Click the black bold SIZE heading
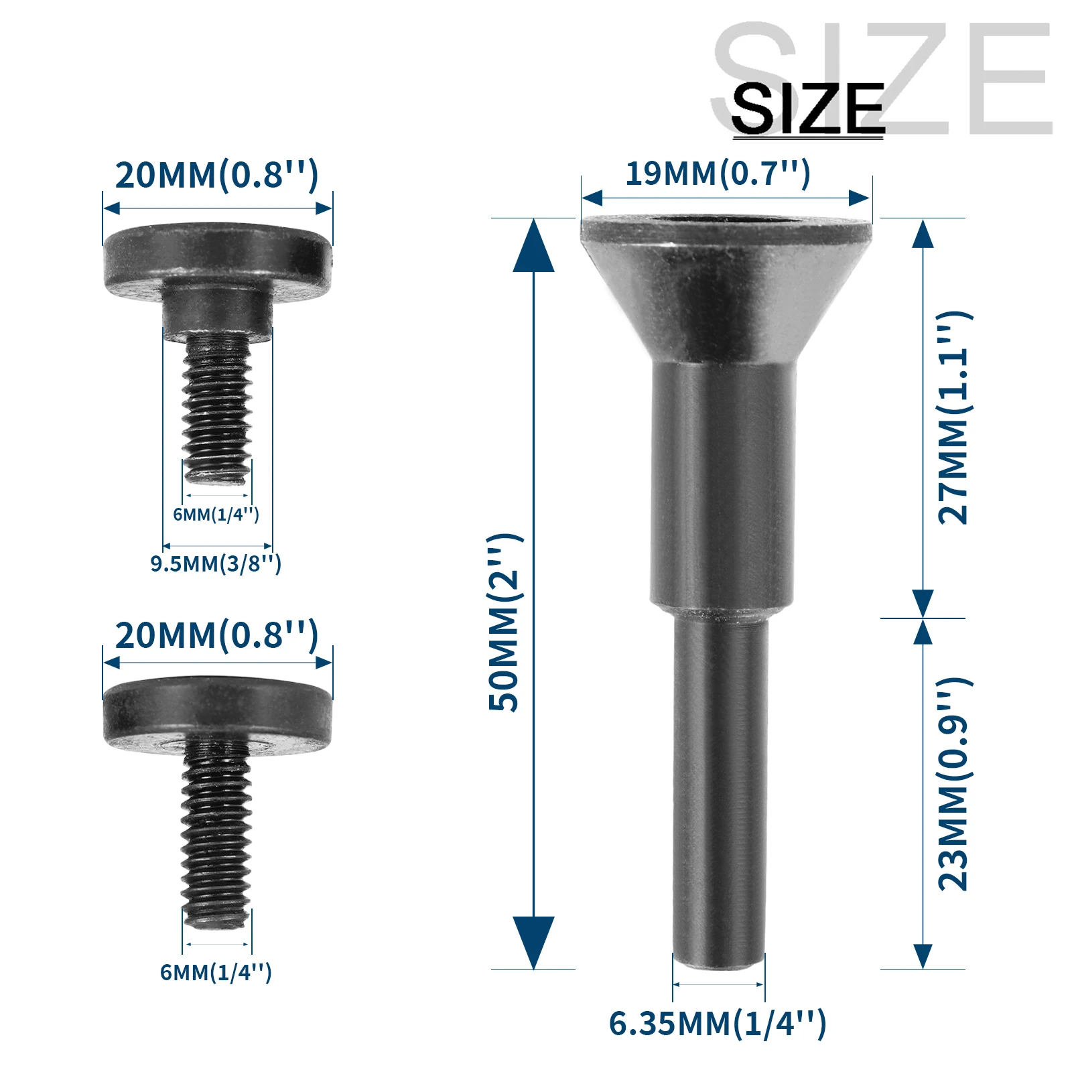(x=807, y=109)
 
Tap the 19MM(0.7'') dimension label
(x=718, y=174)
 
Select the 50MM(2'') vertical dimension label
(x=505, y=623)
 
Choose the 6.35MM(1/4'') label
(x=718, y=1023)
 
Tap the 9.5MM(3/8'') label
(x=216, y=563)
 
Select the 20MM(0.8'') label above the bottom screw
(x=216, y=636)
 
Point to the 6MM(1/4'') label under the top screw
(x=216, y=515)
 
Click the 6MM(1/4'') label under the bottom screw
(x=216, y=972)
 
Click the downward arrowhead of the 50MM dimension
(x=533, y=941)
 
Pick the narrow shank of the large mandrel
(x=720, y=791)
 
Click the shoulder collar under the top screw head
(x=218, y=312)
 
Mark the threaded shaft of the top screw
(x=218, y=409)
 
